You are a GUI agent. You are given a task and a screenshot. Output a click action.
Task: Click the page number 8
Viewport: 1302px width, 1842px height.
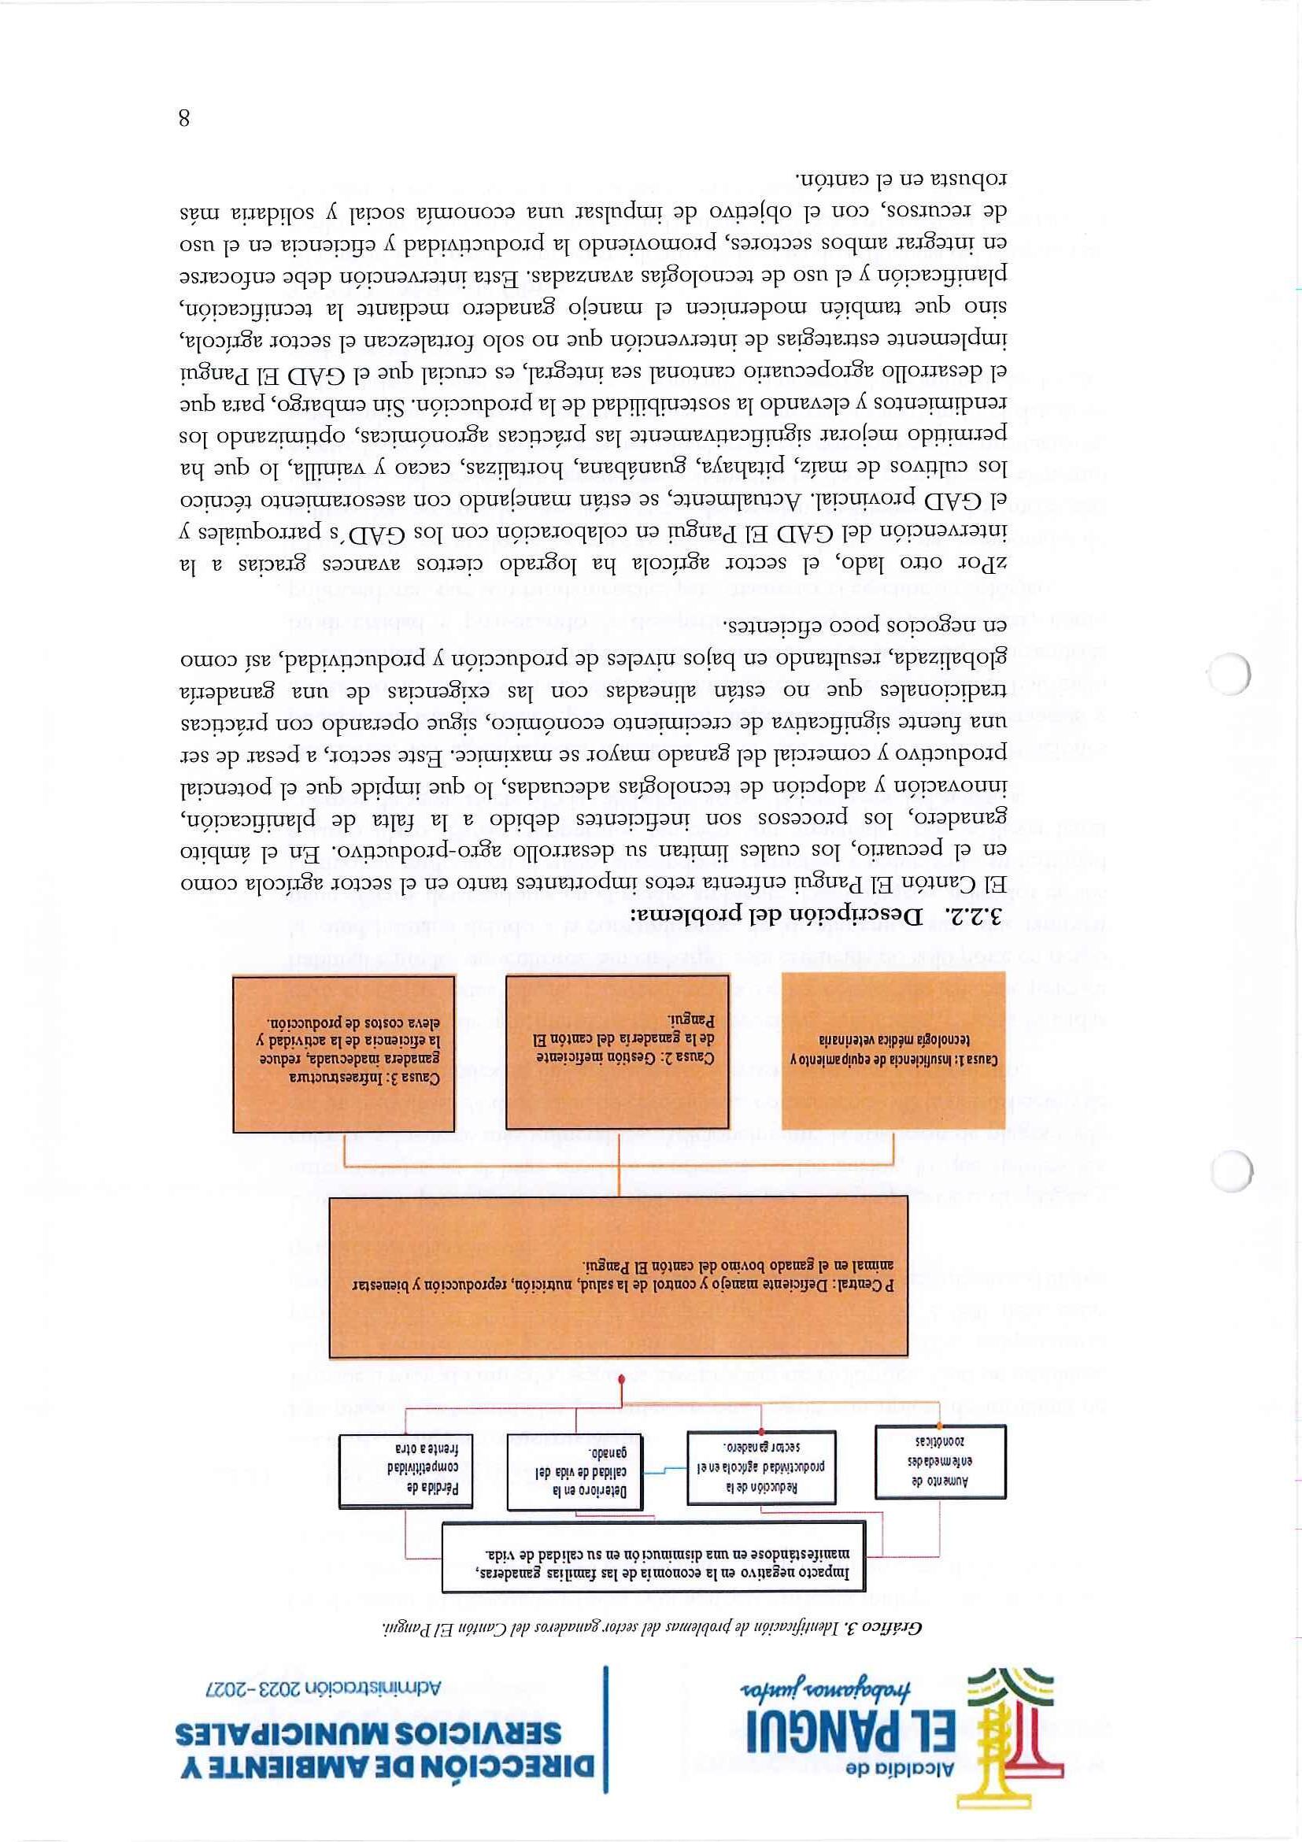tap(183, 119)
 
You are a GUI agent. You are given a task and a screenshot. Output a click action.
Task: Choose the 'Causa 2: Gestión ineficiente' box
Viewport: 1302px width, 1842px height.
tap(619, 1050)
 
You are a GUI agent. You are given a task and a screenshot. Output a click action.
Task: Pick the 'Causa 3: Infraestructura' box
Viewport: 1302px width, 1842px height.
tap(344, 1053)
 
